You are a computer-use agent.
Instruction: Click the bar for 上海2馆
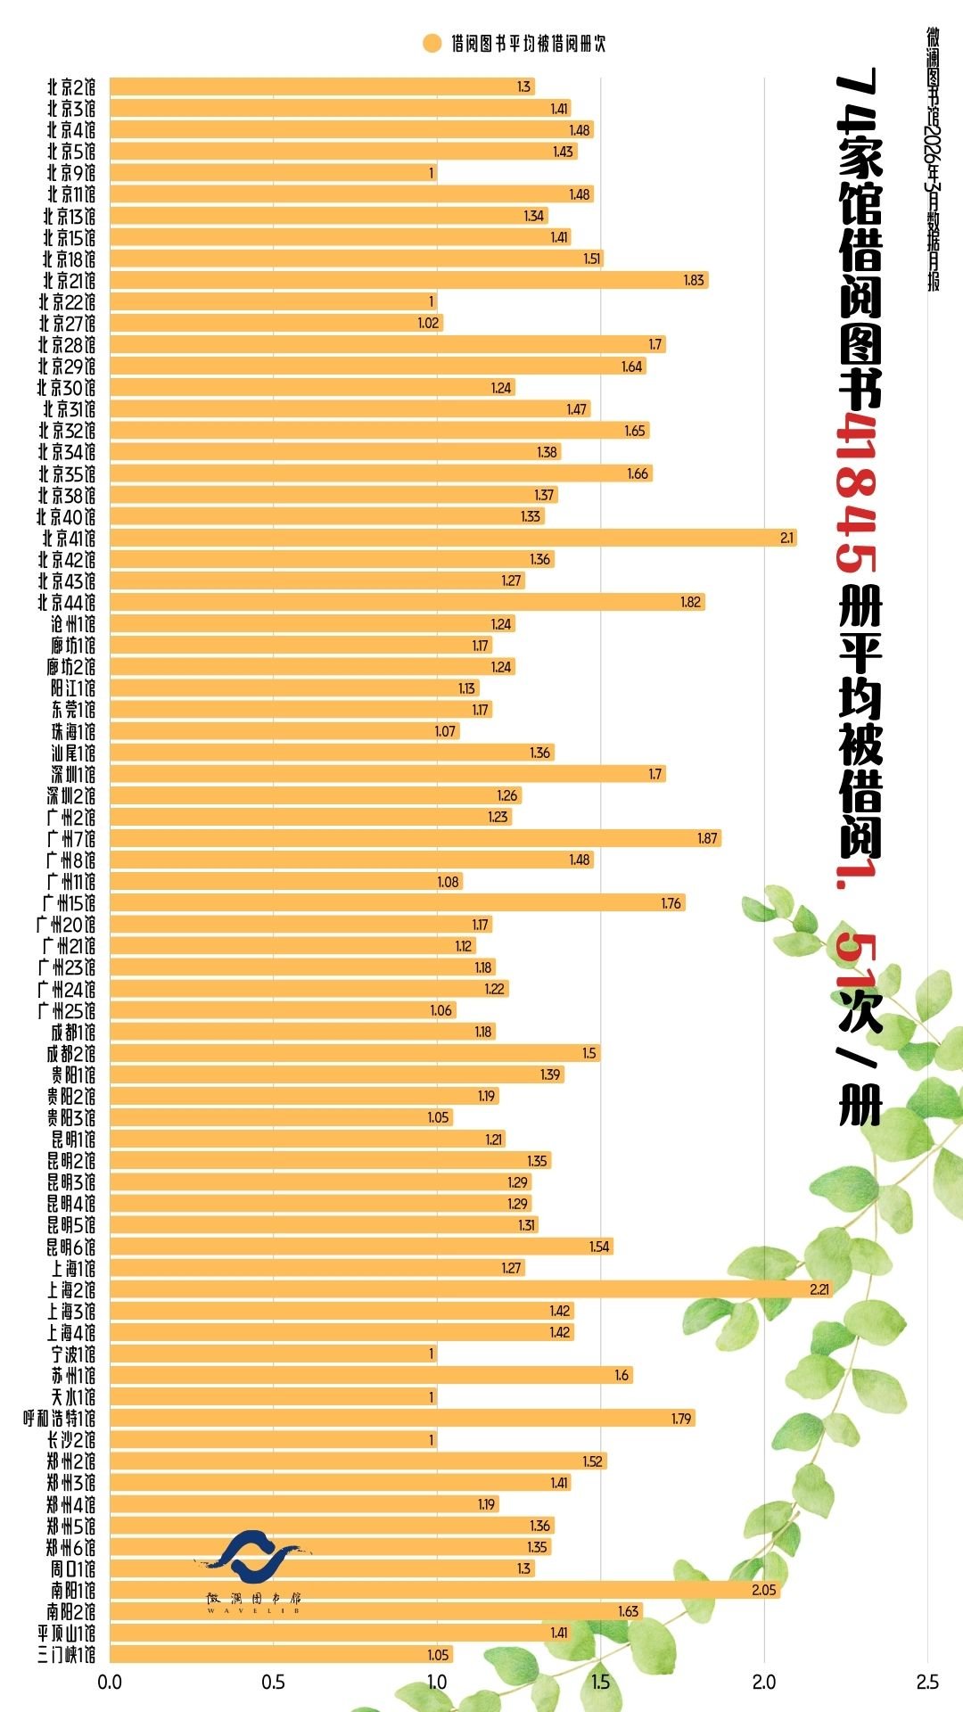[471, 1289]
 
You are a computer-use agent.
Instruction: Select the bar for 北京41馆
[453, 538]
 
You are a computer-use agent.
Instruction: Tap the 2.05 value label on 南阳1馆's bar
[764, 1590]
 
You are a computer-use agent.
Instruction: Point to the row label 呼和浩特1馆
[59, 1418]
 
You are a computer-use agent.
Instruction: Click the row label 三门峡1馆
[66, 1655]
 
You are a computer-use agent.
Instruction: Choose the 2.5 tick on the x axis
[927, 1682]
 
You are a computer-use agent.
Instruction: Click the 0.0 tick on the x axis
[110, 1682]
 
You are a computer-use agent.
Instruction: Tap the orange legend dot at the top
[432, 44]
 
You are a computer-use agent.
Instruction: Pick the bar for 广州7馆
[416, 838]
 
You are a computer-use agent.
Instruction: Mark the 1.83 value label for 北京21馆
[694, 280]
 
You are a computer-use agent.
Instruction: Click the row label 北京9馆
[71, 173]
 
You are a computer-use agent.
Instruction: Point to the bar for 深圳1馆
[388, 774]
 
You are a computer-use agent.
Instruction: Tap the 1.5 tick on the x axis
[600, 1682]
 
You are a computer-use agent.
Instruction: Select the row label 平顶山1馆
[66, 1633]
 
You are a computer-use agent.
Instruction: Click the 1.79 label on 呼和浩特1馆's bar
[681, 1418]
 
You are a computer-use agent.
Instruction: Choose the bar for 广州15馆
[398, 902]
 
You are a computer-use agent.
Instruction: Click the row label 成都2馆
[71, 1053]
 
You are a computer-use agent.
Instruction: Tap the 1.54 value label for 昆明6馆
[599, 1247]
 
